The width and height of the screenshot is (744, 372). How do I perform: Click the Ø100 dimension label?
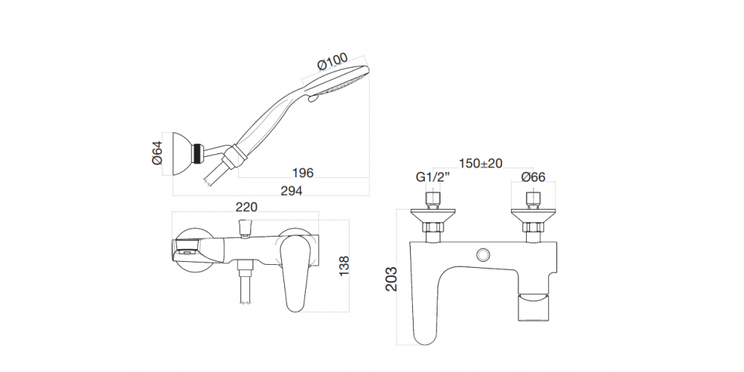(332, 62)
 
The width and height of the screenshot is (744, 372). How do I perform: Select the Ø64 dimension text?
(158, 153)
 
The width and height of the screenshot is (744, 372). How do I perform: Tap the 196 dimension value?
(304, 173)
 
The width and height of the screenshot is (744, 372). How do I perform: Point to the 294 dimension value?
(292, 190)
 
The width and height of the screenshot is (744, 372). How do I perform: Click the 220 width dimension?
(246, 207)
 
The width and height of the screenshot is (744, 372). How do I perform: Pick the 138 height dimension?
(344, 266)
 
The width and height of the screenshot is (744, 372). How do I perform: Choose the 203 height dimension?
(391, 279)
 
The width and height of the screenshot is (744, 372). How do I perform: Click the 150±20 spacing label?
(481, 163)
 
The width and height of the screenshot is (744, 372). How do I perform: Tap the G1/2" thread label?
(433, 178)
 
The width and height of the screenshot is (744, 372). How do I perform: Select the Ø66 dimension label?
(533, 178)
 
